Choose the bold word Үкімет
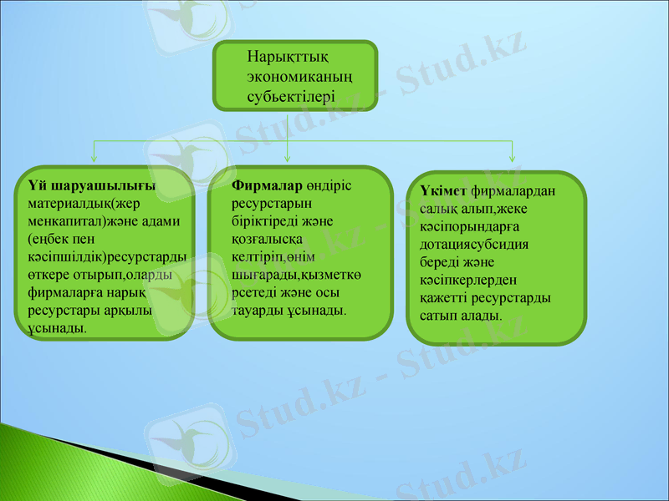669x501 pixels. [x=442, y=191]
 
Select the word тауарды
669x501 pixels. [x=256, y=311]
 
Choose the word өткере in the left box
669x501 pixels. [x=49, y=275]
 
